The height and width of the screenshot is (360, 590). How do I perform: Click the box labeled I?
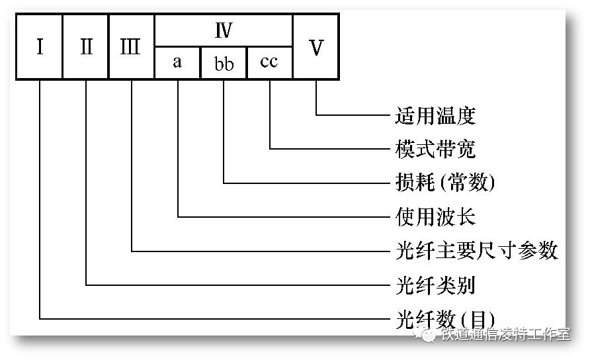pos(40,48)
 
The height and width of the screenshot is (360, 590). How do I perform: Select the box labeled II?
pos(86,48)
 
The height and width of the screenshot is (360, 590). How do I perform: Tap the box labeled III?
pos(131,48)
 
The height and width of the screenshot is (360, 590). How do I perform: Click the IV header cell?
pos(223,30)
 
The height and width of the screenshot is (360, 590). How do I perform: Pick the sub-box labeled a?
pos(177,63)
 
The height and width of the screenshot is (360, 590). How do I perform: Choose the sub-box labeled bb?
pos(223,63)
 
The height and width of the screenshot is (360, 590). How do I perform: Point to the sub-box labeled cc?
pos(269,63)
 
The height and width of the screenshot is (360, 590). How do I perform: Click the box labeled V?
pos(316,48)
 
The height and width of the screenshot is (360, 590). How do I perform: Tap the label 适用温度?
pos(435,116)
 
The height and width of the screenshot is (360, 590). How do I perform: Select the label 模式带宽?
pos(435,149)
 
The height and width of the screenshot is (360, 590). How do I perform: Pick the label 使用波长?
pos(435,216)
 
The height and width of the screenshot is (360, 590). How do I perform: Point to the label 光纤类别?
pos(435,285)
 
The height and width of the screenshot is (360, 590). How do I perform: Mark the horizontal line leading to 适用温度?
pos(354,115)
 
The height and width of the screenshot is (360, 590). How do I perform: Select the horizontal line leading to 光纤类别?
pos(238,285)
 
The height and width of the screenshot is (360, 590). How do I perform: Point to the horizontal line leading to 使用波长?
pos(284,216)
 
